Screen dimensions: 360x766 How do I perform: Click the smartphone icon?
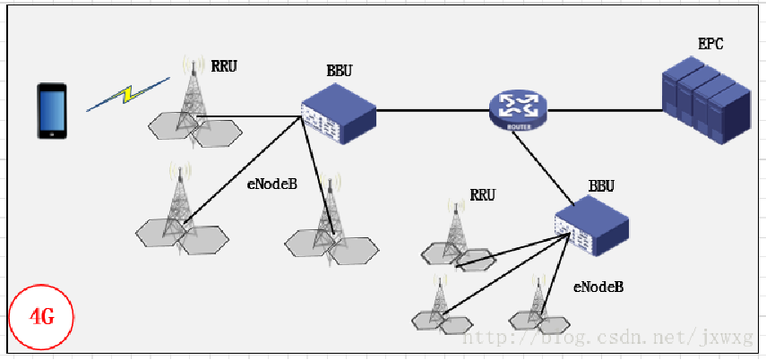point(51,111)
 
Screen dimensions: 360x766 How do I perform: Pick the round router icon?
point(518,110)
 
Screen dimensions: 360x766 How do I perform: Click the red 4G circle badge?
point(40,316)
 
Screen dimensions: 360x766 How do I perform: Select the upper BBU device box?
point(336,114)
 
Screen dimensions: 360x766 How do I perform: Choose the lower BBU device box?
point(590,227)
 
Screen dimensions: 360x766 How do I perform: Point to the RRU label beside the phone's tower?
point(224,65)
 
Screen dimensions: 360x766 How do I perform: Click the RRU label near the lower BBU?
point(482,194)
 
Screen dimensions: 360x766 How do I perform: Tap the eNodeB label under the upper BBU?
point(271,184)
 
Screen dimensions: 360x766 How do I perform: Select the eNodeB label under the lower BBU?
point(598,287)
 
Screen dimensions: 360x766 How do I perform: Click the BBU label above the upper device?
point(340,70)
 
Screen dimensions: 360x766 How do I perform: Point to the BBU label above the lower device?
point(601,186)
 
